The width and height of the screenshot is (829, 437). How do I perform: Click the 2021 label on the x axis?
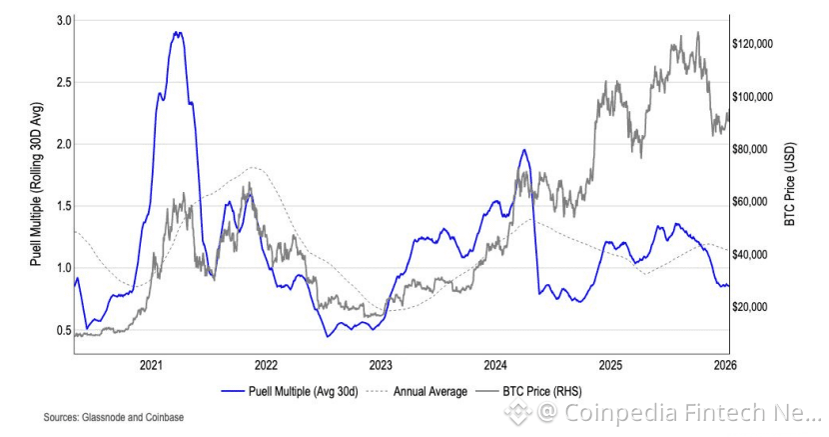tap(152, 366)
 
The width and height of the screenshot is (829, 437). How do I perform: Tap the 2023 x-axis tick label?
tap(381, 366)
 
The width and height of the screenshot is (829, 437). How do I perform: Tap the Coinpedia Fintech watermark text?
tap(679, 411)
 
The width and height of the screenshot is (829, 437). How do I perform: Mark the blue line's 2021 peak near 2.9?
tap(178, 32)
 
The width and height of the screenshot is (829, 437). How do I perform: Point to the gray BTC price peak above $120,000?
tap(697, 32)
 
